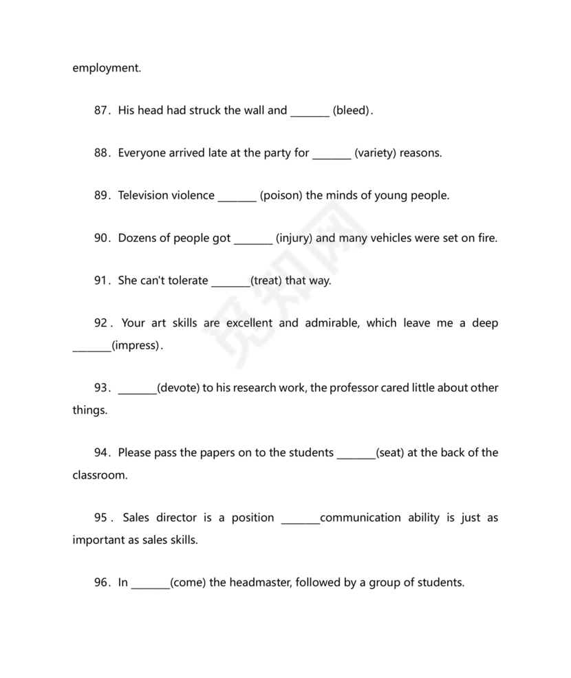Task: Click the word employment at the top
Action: click(106, 68)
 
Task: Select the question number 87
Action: click(102, 110)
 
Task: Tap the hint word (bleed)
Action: click(352, 110)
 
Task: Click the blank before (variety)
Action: click(332, 153)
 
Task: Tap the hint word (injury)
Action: click(294, 238)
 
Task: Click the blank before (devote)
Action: click(138, 388)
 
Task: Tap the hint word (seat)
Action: click(390, 453)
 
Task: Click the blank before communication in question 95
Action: click(301, 518)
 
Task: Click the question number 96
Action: click(102, 582)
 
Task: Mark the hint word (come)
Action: click(188, 582)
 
